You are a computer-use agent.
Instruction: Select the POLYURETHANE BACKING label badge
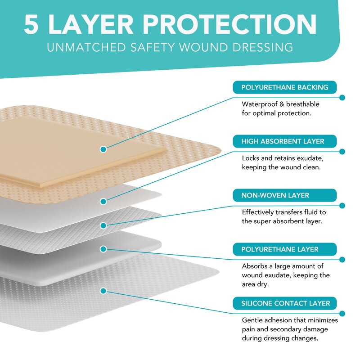point(284,87)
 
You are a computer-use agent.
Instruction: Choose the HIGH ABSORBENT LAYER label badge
point(284,141)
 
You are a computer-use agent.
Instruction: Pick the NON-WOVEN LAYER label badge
point(284,195)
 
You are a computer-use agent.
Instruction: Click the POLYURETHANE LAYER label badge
point(284,249)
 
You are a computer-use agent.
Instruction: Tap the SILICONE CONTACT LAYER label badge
point(284,303)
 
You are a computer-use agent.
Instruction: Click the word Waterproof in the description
point(259,104)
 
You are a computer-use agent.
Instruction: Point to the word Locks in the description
point(251,158)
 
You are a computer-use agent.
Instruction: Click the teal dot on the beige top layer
point(103,148)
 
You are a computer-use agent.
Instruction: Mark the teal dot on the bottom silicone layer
point(103,291)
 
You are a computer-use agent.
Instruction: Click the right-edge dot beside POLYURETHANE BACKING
point(342,98)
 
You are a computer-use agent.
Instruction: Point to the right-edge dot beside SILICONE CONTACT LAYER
point(342,314)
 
